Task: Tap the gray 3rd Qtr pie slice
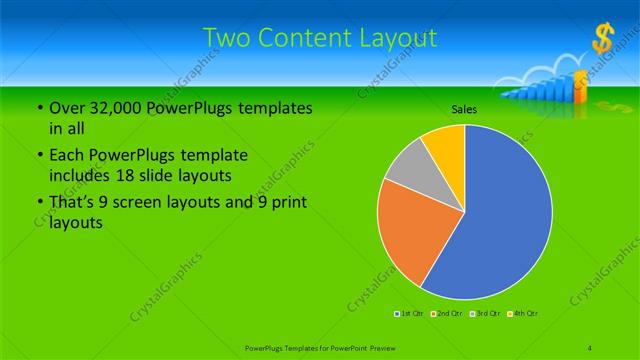(x=409, y=170)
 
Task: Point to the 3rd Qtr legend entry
(x=486, y=314)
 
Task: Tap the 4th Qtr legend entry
(x=524, y=314)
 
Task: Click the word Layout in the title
(x=397, y=39)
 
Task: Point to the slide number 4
(x=590, y=346)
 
